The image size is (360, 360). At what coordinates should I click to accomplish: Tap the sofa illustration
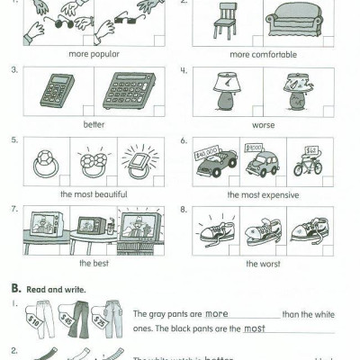tap(297, 20)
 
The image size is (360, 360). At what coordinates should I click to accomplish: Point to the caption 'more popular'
tap(93, 53)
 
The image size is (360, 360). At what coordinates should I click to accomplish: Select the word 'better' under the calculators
tap(93, 123)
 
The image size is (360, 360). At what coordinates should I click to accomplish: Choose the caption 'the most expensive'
tap(263, 193)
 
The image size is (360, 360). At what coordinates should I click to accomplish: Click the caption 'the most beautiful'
tap(93, 193)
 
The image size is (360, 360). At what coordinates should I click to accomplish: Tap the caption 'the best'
tap(93, 264)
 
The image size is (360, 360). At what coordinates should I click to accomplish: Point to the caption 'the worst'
tap(263, 264)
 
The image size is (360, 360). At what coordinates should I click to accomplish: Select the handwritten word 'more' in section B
tap(216, 313)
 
